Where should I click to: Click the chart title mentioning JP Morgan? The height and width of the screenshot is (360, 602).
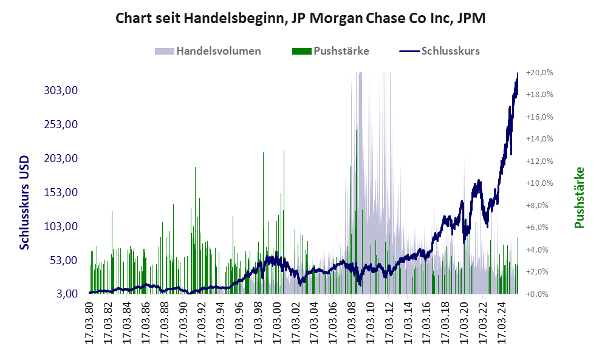[301, 19]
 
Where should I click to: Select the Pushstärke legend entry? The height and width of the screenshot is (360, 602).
[340, 51]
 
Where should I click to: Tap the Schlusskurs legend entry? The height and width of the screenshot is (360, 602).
[450, 51]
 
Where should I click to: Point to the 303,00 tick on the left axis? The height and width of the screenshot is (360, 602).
[63, 90]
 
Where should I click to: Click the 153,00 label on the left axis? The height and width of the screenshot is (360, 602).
[63, 192]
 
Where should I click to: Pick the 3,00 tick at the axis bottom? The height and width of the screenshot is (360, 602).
[67, 294]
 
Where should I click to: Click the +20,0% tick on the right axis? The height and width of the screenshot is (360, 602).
[539, 73]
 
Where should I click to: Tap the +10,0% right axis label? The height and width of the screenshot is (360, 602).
[539, 183]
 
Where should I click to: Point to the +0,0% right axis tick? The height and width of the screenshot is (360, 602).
[539, 294]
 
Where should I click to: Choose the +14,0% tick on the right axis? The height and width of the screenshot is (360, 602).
[539, 139]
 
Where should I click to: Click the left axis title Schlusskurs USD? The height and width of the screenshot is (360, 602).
[25, 201]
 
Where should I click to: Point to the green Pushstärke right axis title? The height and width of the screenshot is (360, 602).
[579, 197]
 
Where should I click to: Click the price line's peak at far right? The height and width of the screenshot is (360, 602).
[518, 73]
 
